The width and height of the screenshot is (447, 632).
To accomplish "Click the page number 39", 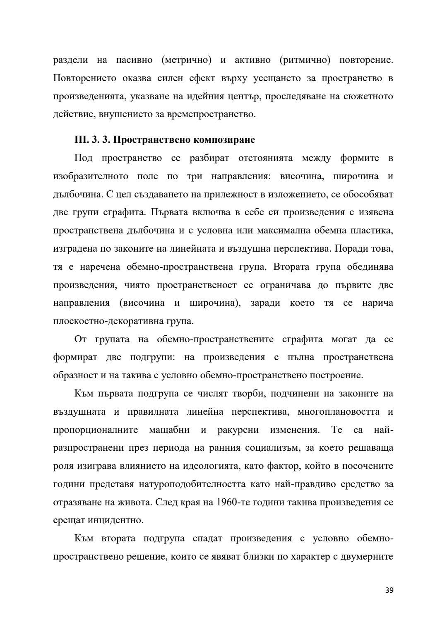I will [389, 590].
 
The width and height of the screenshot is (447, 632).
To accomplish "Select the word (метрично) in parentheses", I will [185, 60].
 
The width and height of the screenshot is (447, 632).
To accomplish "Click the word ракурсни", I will [238, 430].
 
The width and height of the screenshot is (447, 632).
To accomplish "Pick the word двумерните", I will [367, 557].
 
